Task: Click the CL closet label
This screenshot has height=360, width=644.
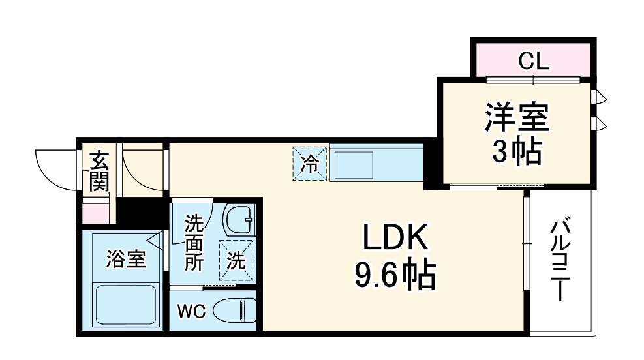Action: (533, 63)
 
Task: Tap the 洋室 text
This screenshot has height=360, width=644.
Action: (515, 119)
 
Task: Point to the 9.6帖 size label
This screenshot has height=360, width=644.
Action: (394, 277)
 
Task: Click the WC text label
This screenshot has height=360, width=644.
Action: (192, 312)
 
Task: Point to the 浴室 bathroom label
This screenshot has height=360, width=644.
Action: (126, 259)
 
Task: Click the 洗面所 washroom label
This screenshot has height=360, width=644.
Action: (194, 243)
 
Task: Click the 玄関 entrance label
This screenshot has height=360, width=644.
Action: (99, 171)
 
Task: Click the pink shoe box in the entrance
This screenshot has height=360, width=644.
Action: (99, 213)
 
